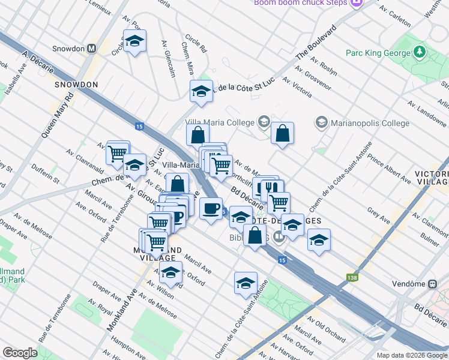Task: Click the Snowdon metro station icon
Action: click(x=92, y=48)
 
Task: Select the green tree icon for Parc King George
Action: click(x=421, y=52)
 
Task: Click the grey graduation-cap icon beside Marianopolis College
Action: click(x=322, y=123)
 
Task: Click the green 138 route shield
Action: click(x=352, y=278)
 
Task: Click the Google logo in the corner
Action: click(x=20, y=353)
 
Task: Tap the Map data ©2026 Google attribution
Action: click(x=411, y=355)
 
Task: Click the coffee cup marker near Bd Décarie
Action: click(x=210, y=208)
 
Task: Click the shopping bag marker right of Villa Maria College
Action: click(x=282, y=133)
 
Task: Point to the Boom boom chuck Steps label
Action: click(x=301, y=2)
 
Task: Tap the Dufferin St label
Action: click(x=46, y=174)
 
